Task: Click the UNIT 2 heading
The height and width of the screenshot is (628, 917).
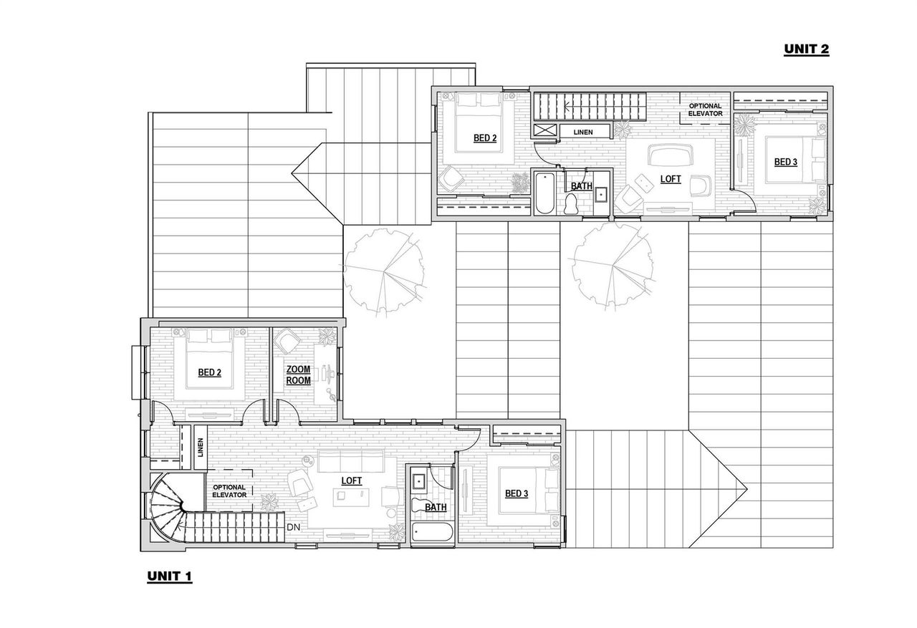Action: [x=806, y=49]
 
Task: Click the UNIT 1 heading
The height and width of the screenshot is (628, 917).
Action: [x=170, y=576]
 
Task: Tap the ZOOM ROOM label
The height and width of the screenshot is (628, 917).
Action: [x=298, y=375]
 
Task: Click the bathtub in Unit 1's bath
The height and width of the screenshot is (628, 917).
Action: [x=432, y=533]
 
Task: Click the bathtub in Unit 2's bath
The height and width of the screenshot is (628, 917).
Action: [x=543, y=192]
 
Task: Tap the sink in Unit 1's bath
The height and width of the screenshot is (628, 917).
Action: [x=418, y=480]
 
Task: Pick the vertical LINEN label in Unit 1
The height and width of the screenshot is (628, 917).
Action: [x=201, y=448]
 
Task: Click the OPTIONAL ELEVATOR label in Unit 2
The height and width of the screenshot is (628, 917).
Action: [x=705, y=110]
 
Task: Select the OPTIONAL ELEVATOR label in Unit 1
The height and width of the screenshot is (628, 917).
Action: [x=229, y=491]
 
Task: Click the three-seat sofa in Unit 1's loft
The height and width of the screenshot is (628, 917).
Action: [x=351, y=462]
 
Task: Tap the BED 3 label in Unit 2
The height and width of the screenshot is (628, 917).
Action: [x=785, y=162]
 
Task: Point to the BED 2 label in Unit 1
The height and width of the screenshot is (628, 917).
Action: [x=209, y=372]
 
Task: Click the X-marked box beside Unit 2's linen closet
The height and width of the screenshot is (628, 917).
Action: [x=544, y=130]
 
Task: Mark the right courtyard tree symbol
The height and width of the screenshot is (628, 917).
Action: [x=613, y=267]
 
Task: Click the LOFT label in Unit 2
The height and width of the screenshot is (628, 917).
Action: [x=671, y=179]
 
